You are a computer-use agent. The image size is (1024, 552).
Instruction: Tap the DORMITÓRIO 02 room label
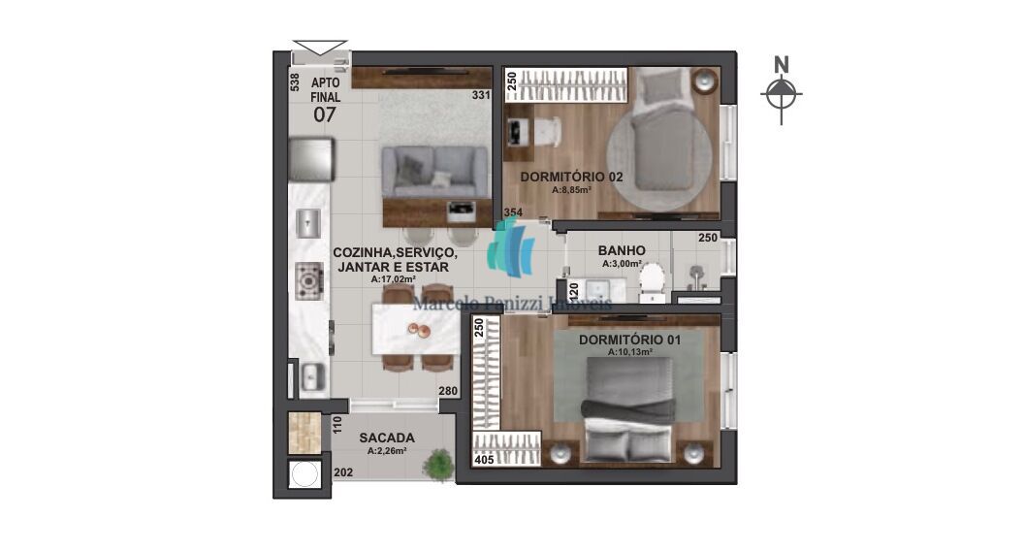(x=571, y=177)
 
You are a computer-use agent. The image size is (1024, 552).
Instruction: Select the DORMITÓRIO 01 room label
(x=629, y=340)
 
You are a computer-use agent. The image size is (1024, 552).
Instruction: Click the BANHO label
(x=622, y=250)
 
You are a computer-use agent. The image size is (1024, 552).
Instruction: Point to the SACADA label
(x=386, y=437)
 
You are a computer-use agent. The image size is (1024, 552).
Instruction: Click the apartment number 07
(x=324, y=114)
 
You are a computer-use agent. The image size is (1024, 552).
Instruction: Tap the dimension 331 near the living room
(x=480, y=95)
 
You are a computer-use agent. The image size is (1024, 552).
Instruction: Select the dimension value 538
(x=295, y=82)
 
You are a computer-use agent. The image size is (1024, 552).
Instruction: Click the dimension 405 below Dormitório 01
(x=484, y=460)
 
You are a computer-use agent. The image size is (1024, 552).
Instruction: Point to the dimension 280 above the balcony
(x=447, y=392)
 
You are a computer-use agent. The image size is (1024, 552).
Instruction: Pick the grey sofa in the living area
(x=434, y=171)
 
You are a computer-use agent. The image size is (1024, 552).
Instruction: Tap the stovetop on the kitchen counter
(x=309, y=280)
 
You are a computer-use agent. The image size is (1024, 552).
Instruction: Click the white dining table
(x=416, y=330)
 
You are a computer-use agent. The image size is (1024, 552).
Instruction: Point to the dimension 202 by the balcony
(x=342, y=472)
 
